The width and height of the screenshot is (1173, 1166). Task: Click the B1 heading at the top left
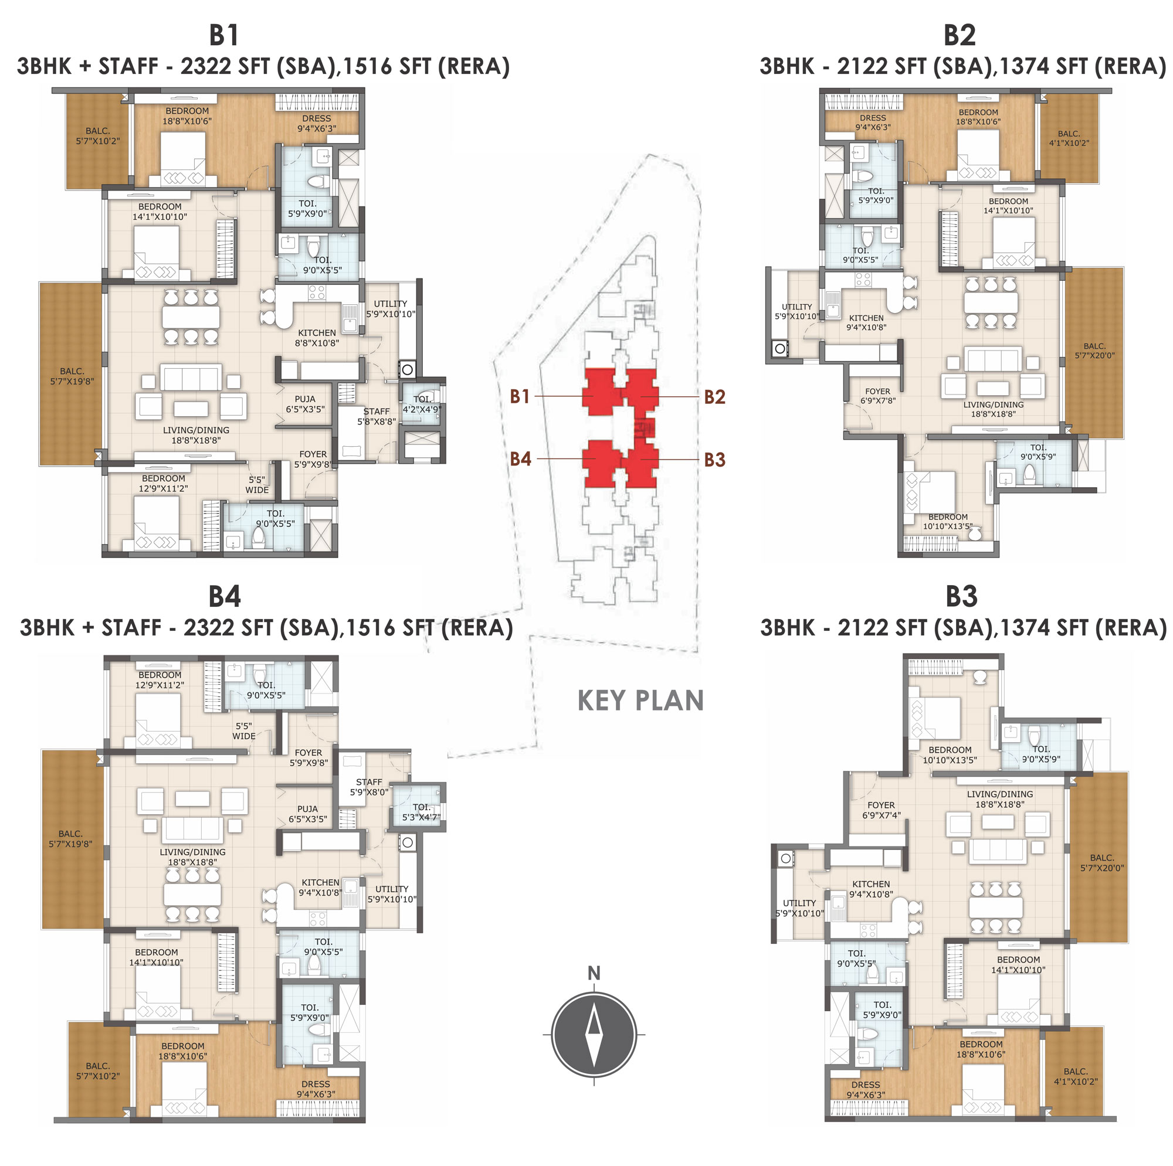tap(224, 35)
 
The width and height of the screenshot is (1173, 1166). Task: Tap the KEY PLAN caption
tap(640, 701)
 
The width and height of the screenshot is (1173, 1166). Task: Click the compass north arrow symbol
tap(594, 1035)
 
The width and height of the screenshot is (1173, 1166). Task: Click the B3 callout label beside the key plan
tap(714, 460)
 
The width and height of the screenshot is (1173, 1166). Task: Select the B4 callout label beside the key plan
tap(520, 459)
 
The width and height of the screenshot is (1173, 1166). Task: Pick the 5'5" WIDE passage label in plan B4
tap(243, 731)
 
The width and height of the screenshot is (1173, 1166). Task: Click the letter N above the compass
tap(594, 974)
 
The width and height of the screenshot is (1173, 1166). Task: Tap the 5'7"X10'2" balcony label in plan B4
tap(98, 1070)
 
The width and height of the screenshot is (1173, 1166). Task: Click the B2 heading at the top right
tap(960, 35)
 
